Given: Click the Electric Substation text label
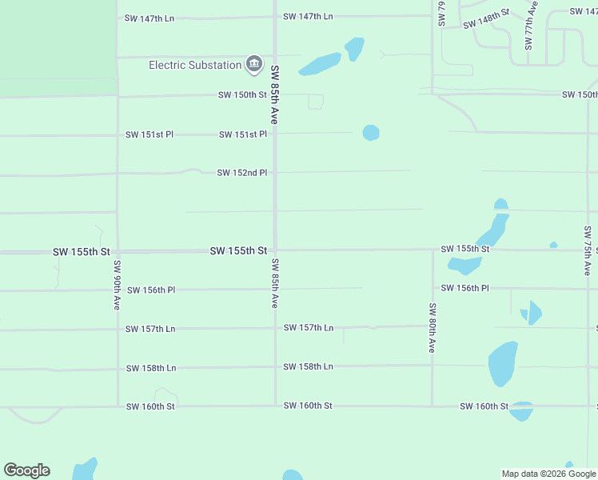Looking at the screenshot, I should click(x=195, y=65).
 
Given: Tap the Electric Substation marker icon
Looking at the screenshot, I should click(x=254, y=63).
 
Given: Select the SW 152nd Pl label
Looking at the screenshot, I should click(x=241, y=172).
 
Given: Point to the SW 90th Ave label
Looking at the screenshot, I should click(x=117, y=286).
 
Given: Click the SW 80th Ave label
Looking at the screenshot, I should click(x=432, y=328).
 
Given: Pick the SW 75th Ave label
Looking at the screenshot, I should click(x=588, y=251).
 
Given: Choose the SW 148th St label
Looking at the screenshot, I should click(x=486, y=18).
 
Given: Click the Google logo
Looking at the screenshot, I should click(x=27, y=470).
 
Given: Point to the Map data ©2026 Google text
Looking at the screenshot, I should click(x=549, y=474).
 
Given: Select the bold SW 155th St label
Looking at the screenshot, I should click(x=238, y=251).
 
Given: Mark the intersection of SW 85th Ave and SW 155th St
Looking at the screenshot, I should click(x=276, y=250).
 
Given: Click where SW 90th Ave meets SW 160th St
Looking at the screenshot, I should click(x=118, y=406).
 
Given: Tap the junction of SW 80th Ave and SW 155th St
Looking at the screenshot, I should click(x=433, y=250).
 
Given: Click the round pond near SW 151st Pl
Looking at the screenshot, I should click(x=370, y=132).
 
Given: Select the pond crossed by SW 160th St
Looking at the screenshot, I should click(x=520, y=410).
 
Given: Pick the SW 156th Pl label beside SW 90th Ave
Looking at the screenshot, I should click(x=150, y=290).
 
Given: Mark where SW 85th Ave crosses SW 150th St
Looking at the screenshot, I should click(x=276, y=94).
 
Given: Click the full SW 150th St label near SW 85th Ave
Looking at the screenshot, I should click(x=242, y=95).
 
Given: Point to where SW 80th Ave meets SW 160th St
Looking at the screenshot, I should click(x=433, y=406).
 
